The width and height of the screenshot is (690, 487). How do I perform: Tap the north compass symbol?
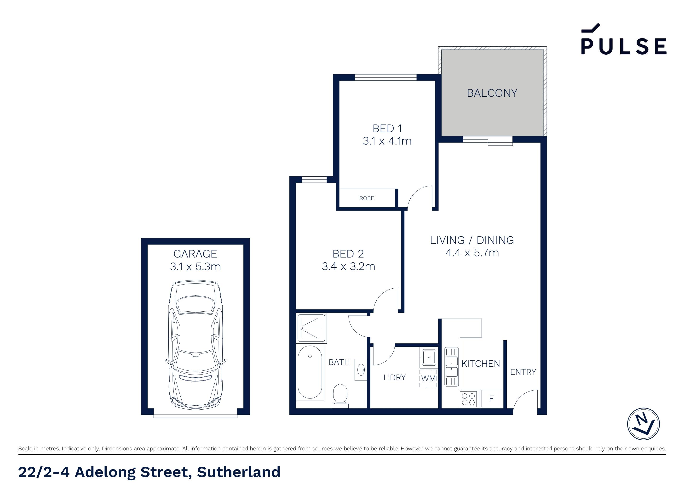click(x=644, y=424)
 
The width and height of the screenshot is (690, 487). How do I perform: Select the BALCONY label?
click(x=492, y=93)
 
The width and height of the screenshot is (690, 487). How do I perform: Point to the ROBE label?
click(x=367, y=198)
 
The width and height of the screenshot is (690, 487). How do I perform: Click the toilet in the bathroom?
click(x=340, y=396)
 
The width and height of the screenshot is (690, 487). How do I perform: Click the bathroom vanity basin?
click(x=361, y=369)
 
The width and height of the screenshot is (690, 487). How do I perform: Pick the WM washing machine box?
click(x=428, y=378)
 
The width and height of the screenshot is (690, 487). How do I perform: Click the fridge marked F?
click(x=491, y=398)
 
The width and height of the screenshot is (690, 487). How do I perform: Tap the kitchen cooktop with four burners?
click(x=468, y=399)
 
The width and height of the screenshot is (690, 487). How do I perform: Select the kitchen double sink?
click(x=451, y=367)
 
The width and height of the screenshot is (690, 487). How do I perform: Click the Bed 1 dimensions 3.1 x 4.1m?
click(x=387, y=141)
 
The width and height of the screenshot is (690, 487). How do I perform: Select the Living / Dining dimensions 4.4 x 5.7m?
click(x=472, y=253)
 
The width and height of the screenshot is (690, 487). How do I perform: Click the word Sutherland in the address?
click(x=239, y=472)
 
